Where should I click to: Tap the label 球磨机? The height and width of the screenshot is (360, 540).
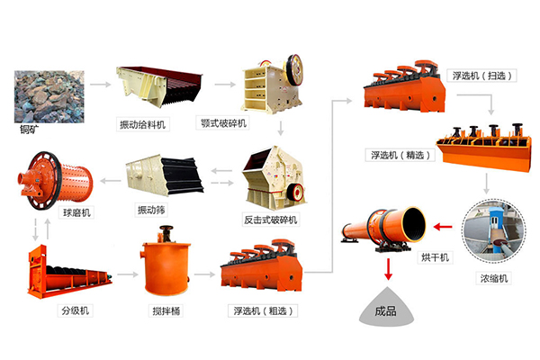click(50, 212)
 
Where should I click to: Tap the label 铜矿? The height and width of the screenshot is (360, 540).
click(29, 129)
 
